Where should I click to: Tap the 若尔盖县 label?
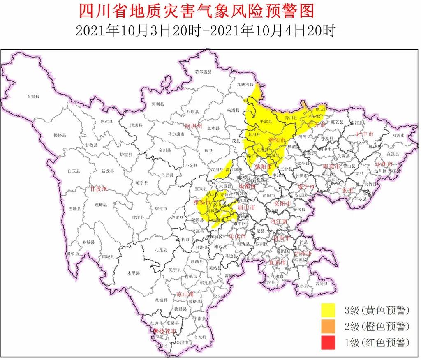tap(203, 72)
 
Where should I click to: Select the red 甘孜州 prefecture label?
tap(99, 189)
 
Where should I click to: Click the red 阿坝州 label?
tap(193, 126)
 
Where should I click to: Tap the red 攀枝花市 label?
tap(165, 331)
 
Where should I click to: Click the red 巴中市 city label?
tap(365, 134)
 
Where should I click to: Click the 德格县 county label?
tap(60, 135)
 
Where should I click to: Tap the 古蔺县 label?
tap(322, 283)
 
